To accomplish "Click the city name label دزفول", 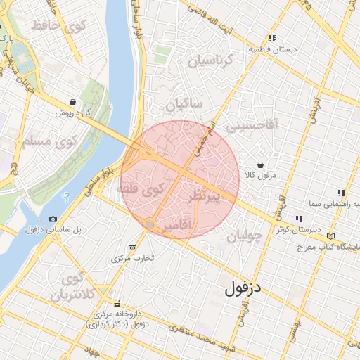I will click(x=243, y=288).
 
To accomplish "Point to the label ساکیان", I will click(x=184, y=105).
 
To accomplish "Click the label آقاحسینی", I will click(x=256, y=124).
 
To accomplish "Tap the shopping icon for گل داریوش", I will click(x=73, y=103).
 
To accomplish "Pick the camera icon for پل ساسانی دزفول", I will click(x=53, y=219).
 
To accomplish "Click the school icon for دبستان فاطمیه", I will click(x=271, y=39).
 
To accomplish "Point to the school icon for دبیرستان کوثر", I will click(x=300, y=219).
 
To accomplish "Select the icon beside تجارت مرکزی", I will click(x=133, y=247).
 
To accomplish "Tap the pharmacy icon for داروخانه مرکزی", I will click(x=117, y=304).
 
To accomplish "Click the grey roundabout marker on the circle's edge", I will click(x=150, y=224).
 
